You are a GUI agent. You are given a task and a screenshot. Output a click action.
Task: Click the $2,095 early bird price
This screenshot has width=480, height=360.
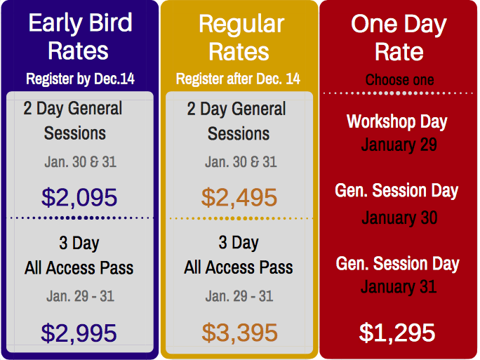tap(79, 197)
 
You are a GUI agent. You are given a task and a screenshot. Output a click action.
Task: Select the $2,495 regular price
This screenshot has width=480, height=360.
tap(239, 197)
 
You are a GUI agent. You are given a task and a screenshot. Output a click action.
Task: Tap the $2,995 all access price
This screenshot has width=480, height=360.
tap(79, 333)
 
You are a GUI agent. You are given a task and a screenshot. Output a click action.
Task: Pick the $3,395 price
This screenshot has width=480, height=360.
tap(240, 333)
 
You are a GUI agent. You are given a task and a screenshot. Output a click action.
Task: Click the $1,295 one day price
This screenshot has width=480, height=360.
tap(397, 333)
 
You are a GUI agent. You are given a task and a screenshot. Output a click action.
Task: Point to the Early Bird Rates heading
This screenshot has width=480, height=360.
tap(80, 36)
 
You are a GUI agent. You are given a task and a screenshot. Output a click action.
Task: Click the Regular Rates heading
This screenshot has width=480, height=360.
tap(241, 37)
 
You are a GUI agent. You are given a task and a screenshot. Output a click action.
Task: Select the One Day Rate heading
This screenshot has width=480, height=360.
tap(399, 37)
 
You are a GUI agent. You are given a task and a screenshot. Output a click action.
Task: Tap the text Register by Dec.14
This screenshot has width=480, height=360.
tap(80, 79)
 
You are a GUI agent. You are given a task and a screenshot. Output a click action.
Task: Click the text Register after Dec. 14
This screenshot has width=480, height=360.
tap(238, 79)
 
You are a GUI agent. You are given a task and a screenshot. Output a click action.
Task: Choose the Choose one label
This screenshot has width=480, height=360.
tap(399, 80)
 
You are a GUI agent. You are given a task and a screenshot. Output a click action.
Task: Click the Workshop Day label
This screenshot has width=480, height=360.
tap(397, 122)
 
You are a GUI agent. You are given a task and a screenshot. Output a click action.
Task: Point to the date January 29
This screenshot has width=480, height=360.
tap(399, 145)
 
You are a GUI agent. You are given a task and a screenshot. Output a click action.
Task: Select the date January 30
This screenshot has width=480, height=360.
tap(399, 218)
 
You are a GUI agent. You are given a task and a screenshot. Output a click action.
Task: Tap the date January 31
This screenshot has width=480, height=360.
tap(399, 287)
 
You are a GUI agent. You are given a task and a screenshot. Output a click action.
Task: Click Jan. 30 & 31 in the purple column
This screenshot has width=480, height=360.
tap(81, 162)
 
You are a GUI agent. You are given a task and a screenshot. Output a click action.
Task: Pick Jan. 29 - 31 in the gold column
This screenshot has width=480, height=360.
tap(239, 296)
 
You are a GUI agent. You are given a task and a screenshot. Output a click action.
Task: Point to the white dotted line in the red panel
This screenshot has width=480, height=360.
tap(399, 93)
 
